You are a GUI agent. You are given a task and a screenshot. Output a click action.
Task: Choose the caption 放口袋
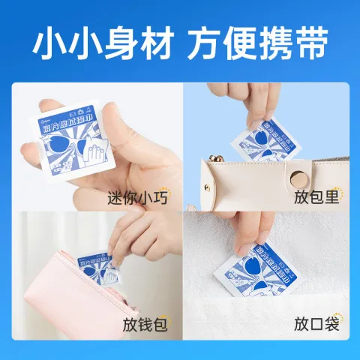316,325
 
